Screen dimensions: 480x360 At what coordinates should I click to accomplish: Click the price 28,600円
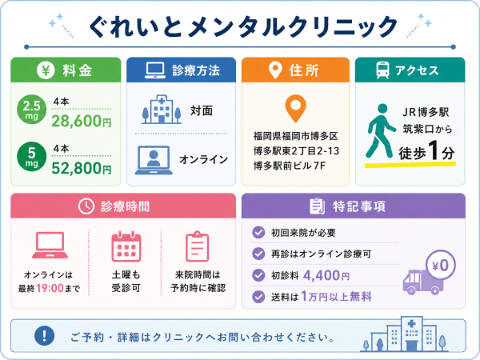coord(82,121)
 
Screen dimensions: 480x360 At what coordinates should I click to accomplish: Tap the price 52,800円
coord(82,168)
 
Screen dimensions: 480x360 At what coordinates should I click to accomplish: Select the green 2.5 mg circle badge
coord(31,110)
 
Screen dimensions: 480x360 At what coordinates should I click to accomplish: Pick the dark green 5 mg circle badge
coord(31,157)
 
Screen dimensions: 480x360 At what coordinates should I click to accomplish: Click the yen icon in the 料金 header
coord(46,70)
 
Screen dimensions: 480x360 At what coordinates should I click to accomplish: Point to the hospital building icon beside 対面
coord(162,110)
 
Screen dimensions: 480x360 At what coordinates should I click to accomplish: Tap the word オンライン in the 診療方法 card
coord(203,159)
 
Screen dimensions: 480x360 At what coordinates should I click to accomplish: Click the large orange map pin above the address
coord(295,108)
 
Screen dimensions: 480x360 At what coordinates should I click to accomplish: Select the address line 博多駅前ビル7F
coord(290,166)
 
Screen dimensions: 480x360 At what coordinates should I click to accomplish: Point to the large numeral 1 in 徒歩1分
coord(434,150)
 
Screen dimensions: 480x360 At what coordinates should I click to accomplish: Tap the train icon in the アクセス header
coord(382,70)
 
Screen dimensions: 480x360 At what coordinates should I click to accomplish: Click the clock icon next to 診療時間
coord(86,206)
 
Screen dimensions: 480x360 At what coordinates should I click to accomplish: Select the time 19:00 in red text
coord(50,288)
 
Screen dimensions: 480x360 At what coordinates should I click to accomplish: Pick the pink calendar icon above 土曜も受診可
coord(126,246)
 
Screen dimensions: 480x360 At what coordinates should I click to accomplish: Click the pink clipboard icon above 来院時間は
coord(198,246)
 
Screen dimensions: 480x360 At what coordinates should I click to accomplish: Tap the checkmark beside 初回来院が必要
coord(258,232)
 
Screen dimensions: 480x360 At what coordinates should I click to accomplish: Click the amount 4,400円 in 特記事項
coord(326,275)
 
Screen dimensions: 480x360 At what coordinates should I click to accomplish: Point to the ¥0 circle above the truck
coord(441,266)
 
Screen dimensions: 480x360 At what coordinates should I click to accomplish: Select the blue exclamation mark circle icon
coord(44,335)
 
